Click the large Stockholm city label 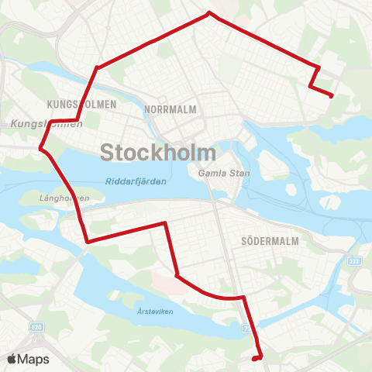point(157,151)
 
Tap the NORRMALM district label point(170,110)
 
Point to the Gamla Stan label point(224,173)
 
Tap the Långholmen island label point(64,198)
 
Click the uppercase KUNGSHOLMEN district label point(81,104)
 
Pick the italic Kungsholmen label point(46,124)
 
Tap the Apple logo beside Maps point(12,359)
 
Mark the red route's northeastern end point point(332,96)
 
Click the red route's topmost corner point(208,12)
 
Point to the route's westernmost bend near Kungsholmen point(41,146)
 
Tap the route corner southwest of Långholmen point(88,242)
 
